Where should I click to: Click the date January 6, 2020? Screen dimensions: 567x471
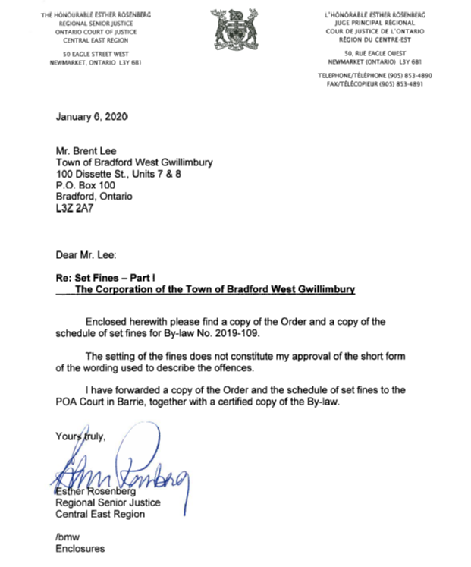tap(92, 117)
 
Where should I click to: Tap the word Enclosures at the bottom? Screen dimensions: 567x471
tap(80, 548)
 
